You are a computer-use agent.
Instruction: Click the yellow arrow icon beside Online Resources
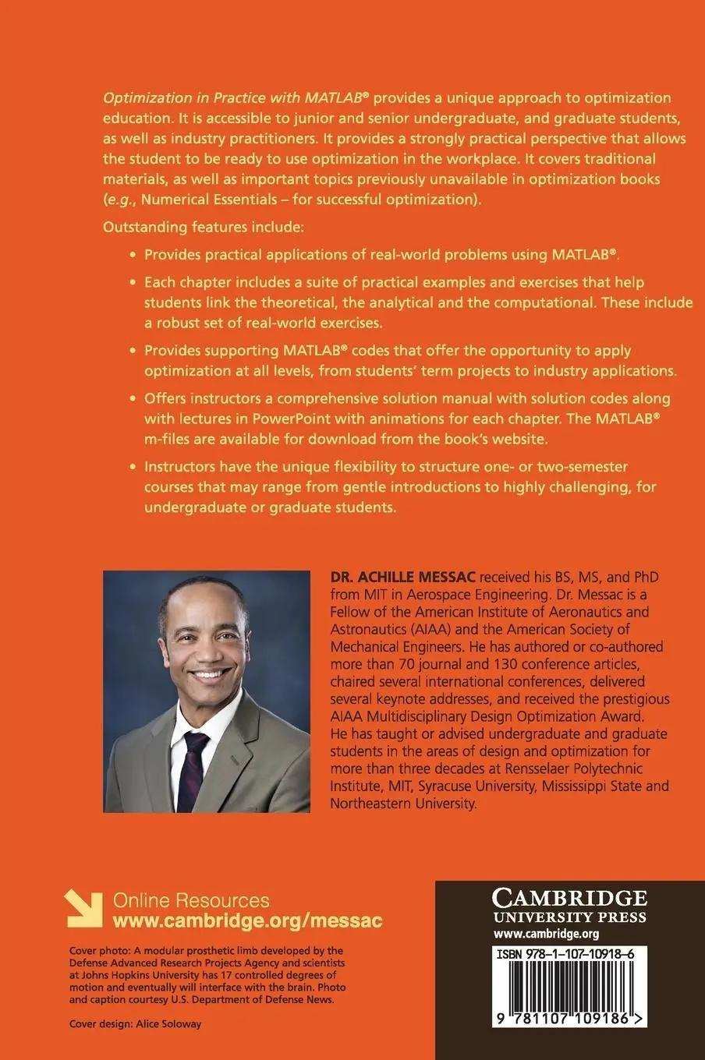coord(83,909)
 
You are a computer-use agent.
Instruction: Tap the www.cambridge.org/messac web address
coord(248,920)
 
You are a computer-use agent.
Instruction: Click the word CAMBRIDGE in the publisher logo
coord(570,897)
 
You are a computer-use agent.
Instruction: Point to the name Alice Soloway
coord(168,1023)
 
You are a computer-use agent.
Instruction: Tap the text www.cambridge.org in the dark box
coord(546,934)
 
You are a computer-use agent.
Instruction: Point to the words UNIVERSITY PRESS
coord(569,917)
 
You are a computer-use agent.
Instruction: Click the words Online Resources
coord(191,900)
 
